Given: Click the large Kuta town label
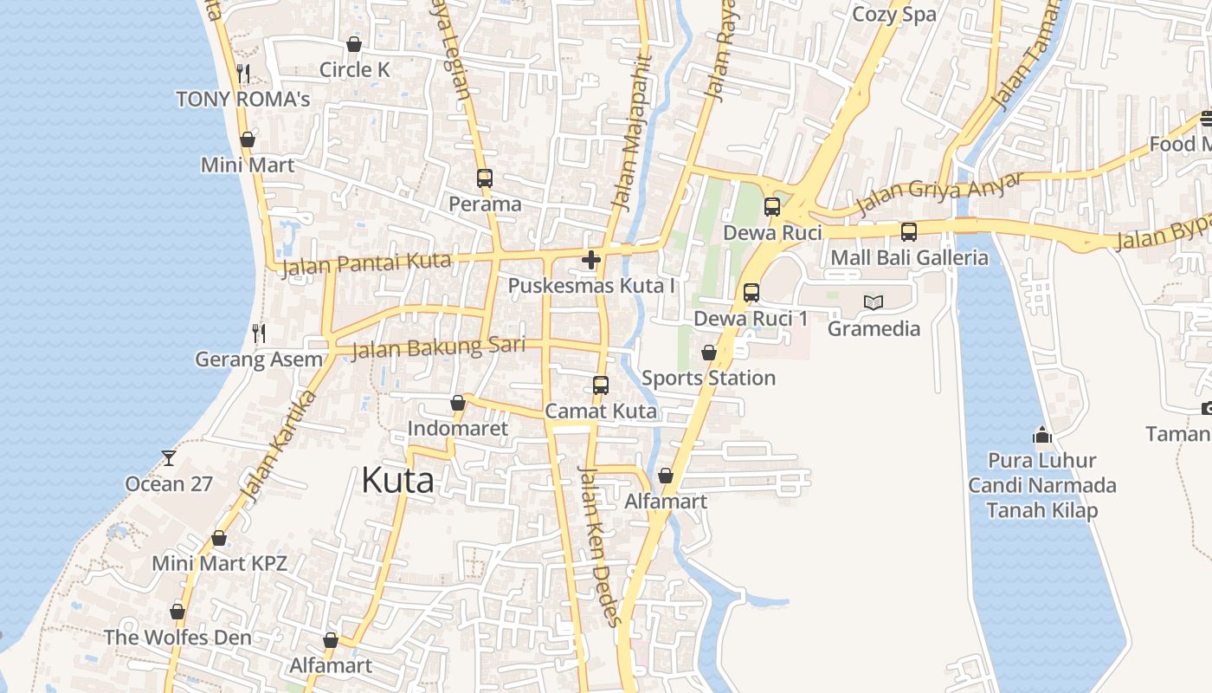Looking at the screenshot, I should tap(397, 480).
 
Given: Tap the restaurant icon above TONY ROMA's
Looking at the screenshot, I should tap(243, 74).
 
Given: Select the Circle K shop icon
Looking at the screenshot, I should tap(353, 44).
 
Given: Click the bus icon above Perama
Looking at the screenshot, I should tap(485, 178).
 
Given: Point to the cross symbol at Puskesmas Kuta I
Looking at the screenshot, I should tap(591, 259).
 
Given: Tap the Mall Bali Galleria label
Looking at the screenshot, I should tap(909, 257).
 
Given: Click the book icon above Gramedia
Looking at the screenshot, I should tap(874, 302).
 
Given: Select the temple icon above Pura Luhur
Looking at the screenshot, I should tap(1042, 434).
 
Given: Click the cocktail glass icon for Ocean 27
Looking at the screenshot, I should tap(169, 457).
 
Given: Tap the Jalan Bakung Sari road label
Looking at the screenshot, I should tap(438, 347).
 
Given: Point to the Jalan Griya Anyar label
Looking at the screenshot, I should tap(940, 193).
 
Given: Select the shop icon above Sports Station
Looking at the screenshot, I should tap(708, 353).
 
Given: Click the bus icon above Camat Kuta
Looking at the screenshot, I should tap(601, 385).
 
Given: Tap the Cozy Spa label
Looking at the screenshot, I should tap(894, 15).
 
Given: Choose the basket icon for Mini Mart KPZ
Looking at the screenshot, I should tap(219, 538).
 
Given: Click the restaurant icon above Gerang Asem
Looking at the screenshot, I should tap(258, 333).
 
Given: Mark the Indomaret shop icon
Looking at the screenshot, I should tap(458, 403).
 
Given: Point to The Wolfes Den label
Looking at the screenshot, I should tap(177, 638).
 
